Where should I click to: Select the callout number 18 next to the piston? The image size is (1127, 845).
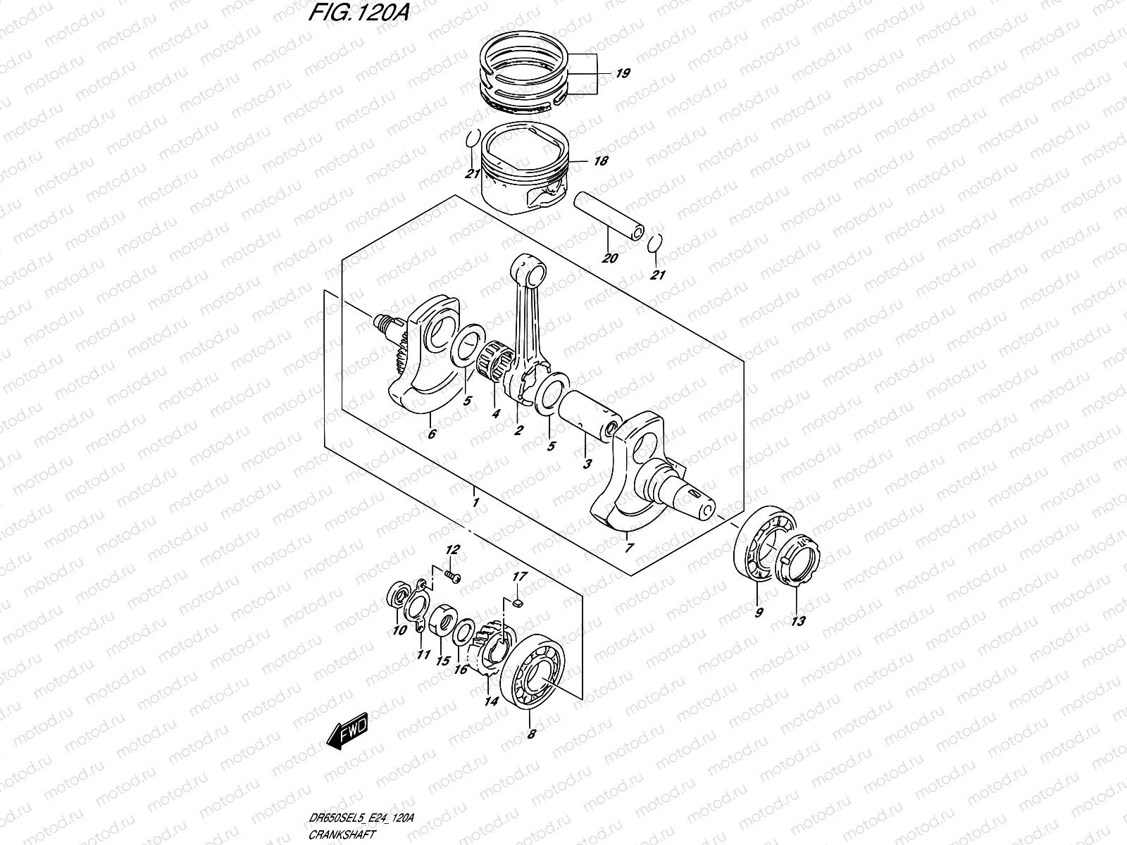coord(600,161)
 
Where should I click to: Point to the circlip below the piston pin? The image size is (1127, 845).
coord(654,243)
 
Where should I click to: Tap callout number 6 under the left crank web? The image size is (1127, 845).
coord(432,434)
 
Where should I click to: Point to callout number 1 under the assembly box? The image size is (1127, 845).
coord(476,503)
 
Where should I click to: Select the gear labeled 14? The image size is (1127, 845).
coord(497,651)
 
